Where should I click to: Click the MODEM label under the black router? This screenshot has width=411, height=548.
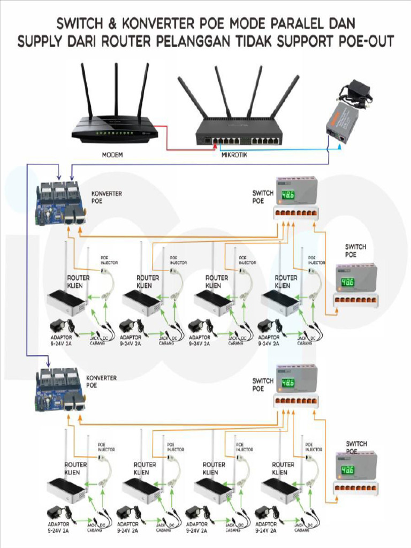pos(113,155)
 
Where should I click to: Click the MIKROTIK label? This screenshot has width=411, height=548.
pos(235,155)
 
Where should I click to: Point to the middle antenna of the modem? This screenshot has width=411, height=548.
pos(116,91)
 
